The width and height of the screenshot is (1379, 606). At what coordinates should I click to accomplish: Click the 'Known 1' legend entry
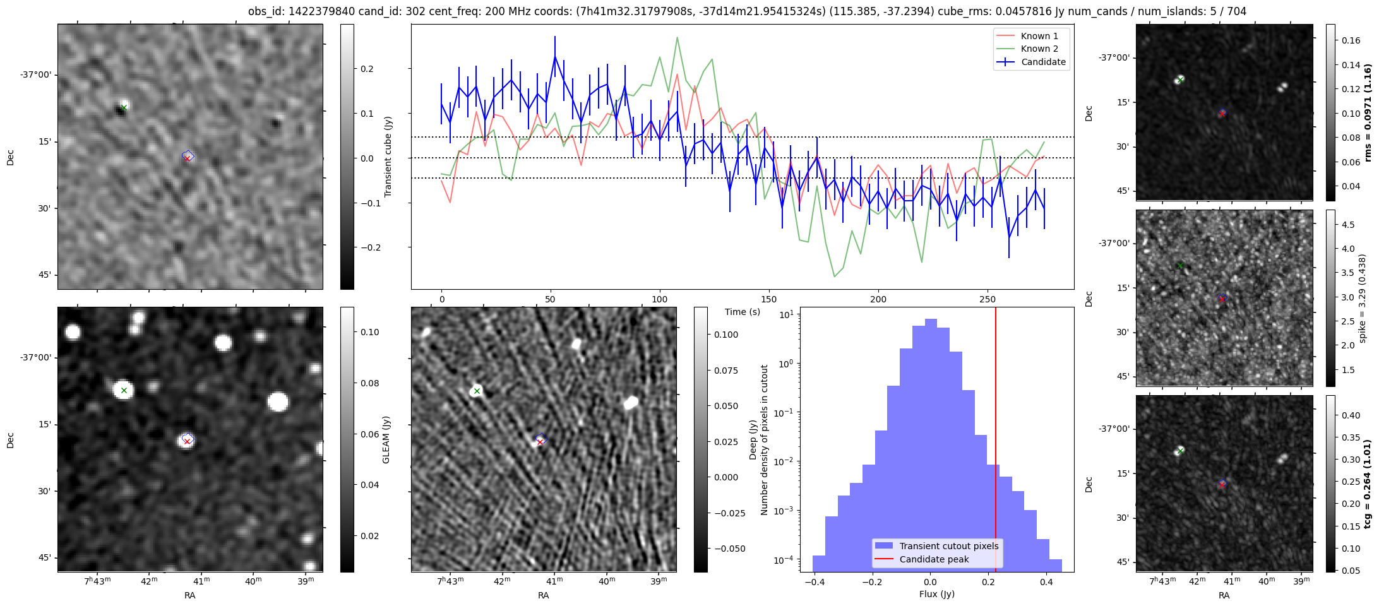coord(1039,36)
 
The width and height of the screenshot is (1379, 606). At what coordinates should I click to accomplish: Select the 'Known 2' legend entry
coord(1039,49)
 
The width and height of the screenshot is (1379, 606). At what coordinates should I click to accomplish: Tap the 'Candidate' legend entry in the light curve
coord(1043,62)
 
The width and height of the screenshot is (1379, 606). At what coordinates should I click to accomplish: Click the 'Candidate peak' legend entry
coord(934,559)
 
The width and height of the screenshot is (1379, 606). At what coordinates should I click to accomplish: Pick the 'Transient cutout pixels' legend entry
coord(948,546)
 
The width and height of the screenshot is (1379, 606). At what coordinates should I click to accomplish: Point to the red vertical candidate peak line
coord(996,410)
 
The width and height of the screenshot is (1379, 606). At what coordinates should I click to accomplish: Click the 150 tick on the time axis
coord(769,299)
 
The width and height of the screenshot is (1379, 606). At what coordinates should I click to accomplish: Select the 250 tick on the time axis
coord(987,299)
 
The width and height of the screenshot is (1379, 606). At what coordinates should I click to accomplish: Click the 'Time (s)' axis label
coord(743,312)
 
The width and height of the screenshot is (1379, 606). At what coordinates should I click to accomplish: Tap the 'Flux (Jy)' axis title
coord(937,594)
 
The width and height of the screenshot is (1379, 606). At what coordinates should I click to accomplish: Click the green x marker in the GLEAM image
coord(124,391)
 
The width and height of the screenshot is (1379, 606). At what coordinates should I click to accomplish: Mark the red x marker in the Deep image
coord(540,442)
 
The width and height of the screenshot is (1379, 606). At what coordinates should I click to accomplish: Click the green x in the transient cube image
coord(124,107)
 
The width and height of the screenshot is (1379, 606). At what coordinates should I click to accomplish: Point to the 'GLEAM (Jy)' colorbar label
coord(386,439)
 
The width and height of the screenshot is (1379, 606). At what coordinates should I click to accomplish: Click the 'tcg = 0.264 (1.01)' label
coord(1367,484)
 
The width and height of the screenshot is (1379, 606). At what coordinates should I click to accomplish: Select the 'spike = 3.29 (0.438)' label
coord(1362,298)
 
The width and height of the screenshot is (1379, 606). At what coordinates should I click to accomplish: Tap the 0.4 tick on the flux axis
coord(1046,581)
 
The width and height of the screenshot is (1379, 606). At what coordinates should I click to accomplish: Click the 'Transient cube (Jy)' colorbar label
coord(388,157)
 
